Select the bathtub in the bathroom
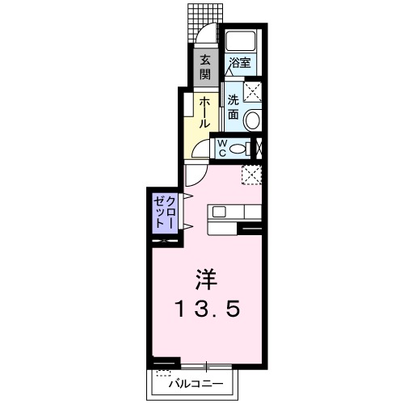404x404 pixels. (241, 41)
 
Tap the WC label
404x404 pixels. (219, 147)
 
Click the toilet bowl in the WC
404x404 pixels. (237, 148)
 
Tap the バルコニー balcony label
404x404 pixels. (195, 385)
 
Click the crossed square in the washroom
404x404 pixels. (253, 91)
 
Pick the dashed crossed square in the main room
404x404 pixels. (252, 175)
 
